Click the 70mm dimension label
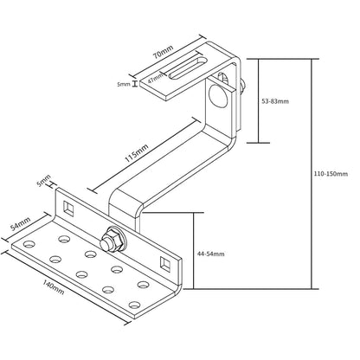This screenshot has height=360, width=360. (x=164, y=52)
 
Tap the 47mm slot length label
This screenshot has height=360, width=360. (x=156, y=78)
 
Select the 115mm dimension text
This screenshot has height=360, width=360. (x=138, y=153)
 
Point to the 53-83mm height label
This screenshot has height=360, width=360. (x=276, y=101)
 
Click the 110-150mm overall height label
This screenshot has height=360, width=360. (x=331, y=174)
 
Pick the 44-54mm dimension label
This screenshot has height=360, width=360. (x=210, y=254)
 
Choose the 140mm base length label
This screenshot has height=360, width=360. (x=54, y=287)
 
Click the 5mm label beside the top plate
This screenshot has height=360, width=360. (x=124, y=85)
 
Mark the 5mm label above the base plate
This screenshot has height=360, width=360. (x=44, y=181)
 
